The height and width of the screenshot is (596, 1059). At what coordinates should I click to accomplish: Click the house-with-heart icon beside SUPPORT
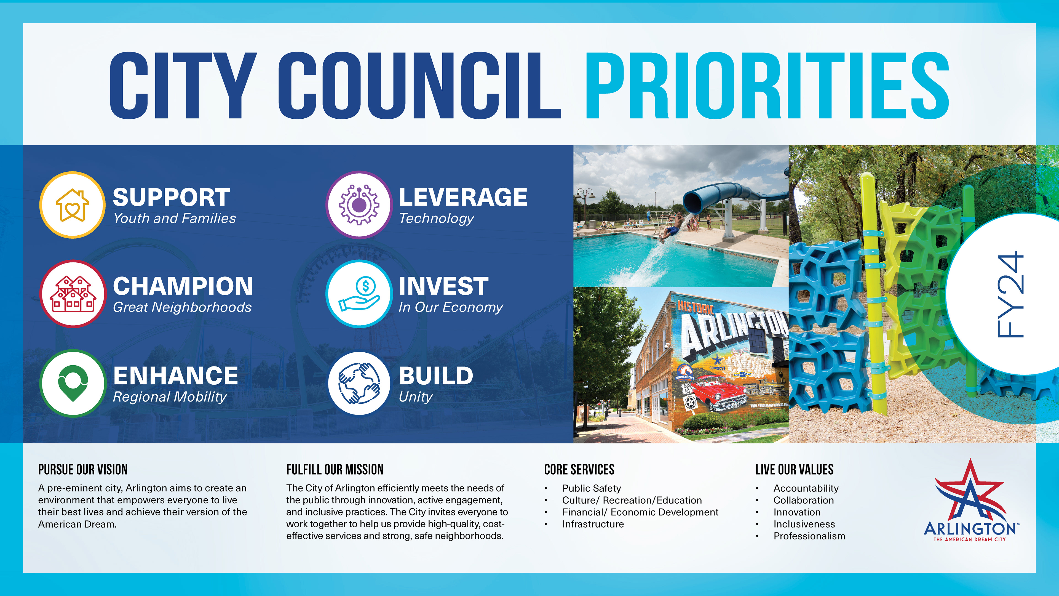point(72,205)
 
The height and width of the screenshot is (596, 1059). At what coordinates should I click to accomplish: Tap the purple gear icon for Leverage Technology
point(359,205)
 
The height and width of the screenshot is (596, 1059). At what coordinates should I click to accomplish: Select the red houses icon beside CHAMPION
point(73,294)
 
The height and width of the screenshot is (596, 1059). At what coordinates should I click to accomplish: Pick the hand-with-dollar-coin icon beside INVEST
point(359,294)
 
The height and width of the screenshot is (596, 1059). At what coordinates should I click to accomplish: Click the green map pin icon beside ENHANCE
point(73,383)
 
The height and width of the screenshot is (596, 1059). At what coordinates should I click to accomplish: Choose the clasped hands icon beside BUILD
point(359,383)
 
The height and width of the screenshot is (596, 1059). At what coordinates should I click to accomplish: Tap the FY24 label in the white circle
point(1010,294)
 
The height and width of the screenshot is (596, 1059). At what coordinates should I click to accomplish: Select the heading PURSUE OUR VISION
point(83,469)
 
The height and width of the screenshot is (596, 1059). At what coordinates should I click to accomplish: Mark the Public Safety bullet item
point(592,488)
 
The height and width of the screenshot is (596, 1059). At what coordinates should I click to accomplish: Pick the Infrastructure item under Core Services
point(593,524)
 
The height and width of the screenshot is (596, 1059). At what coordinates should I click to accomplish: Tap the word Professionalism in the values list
point(809,536)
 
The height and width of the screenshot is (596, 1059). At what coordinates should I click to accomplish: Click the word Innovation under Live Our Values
point(797,512)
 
